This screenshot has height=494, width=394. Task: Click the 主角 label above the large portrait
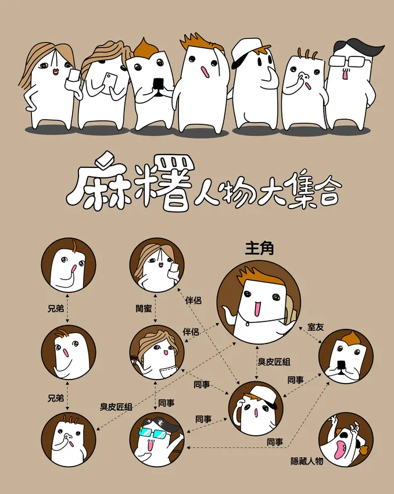(259, 248)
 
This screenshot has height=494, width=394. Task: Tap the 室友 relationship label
(316, 327)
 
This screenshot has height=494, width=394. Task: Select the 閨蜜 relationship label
(144, 308)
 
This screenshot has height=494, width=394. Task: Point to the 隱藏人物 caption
(307, 461)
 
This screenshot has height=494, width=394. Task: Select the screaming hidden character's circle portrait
(346, 439)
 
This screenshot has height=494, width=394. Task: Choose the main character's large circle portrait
(259, 302)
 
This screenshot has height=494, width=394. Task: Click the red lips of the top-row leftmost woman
(56, 72)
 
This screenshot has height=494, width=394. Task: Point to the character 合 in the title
(327, 191)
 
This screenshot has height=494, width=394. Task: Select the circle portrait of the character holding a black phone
(346, 356)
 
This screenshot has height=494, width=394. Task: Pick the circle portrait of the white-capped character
(256, 409)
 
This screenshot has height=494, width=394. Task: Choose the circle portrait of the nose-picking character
(69, 439)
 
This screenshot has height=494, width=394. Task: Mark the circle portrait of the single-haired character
(69, 265)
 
